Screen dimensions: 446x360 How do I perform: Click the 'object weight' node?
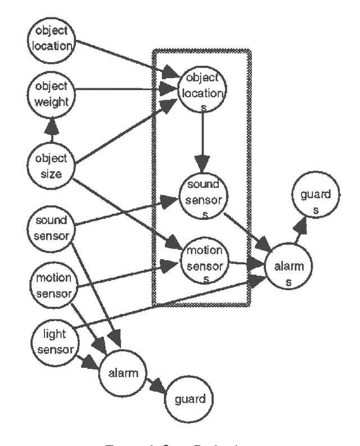(x=52, y=94)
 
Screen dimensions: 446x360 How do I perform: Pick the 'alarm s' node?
(x=287, y=273)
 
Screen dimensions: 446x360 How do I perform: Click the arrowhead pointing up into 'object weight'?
(x=52, y=124)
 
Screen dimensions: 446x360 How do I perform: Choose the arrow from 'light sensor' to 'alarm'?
(x=85, y=361)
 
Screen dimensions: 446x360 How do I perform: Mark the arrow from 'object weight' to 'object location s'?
(x=124, y=89)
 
